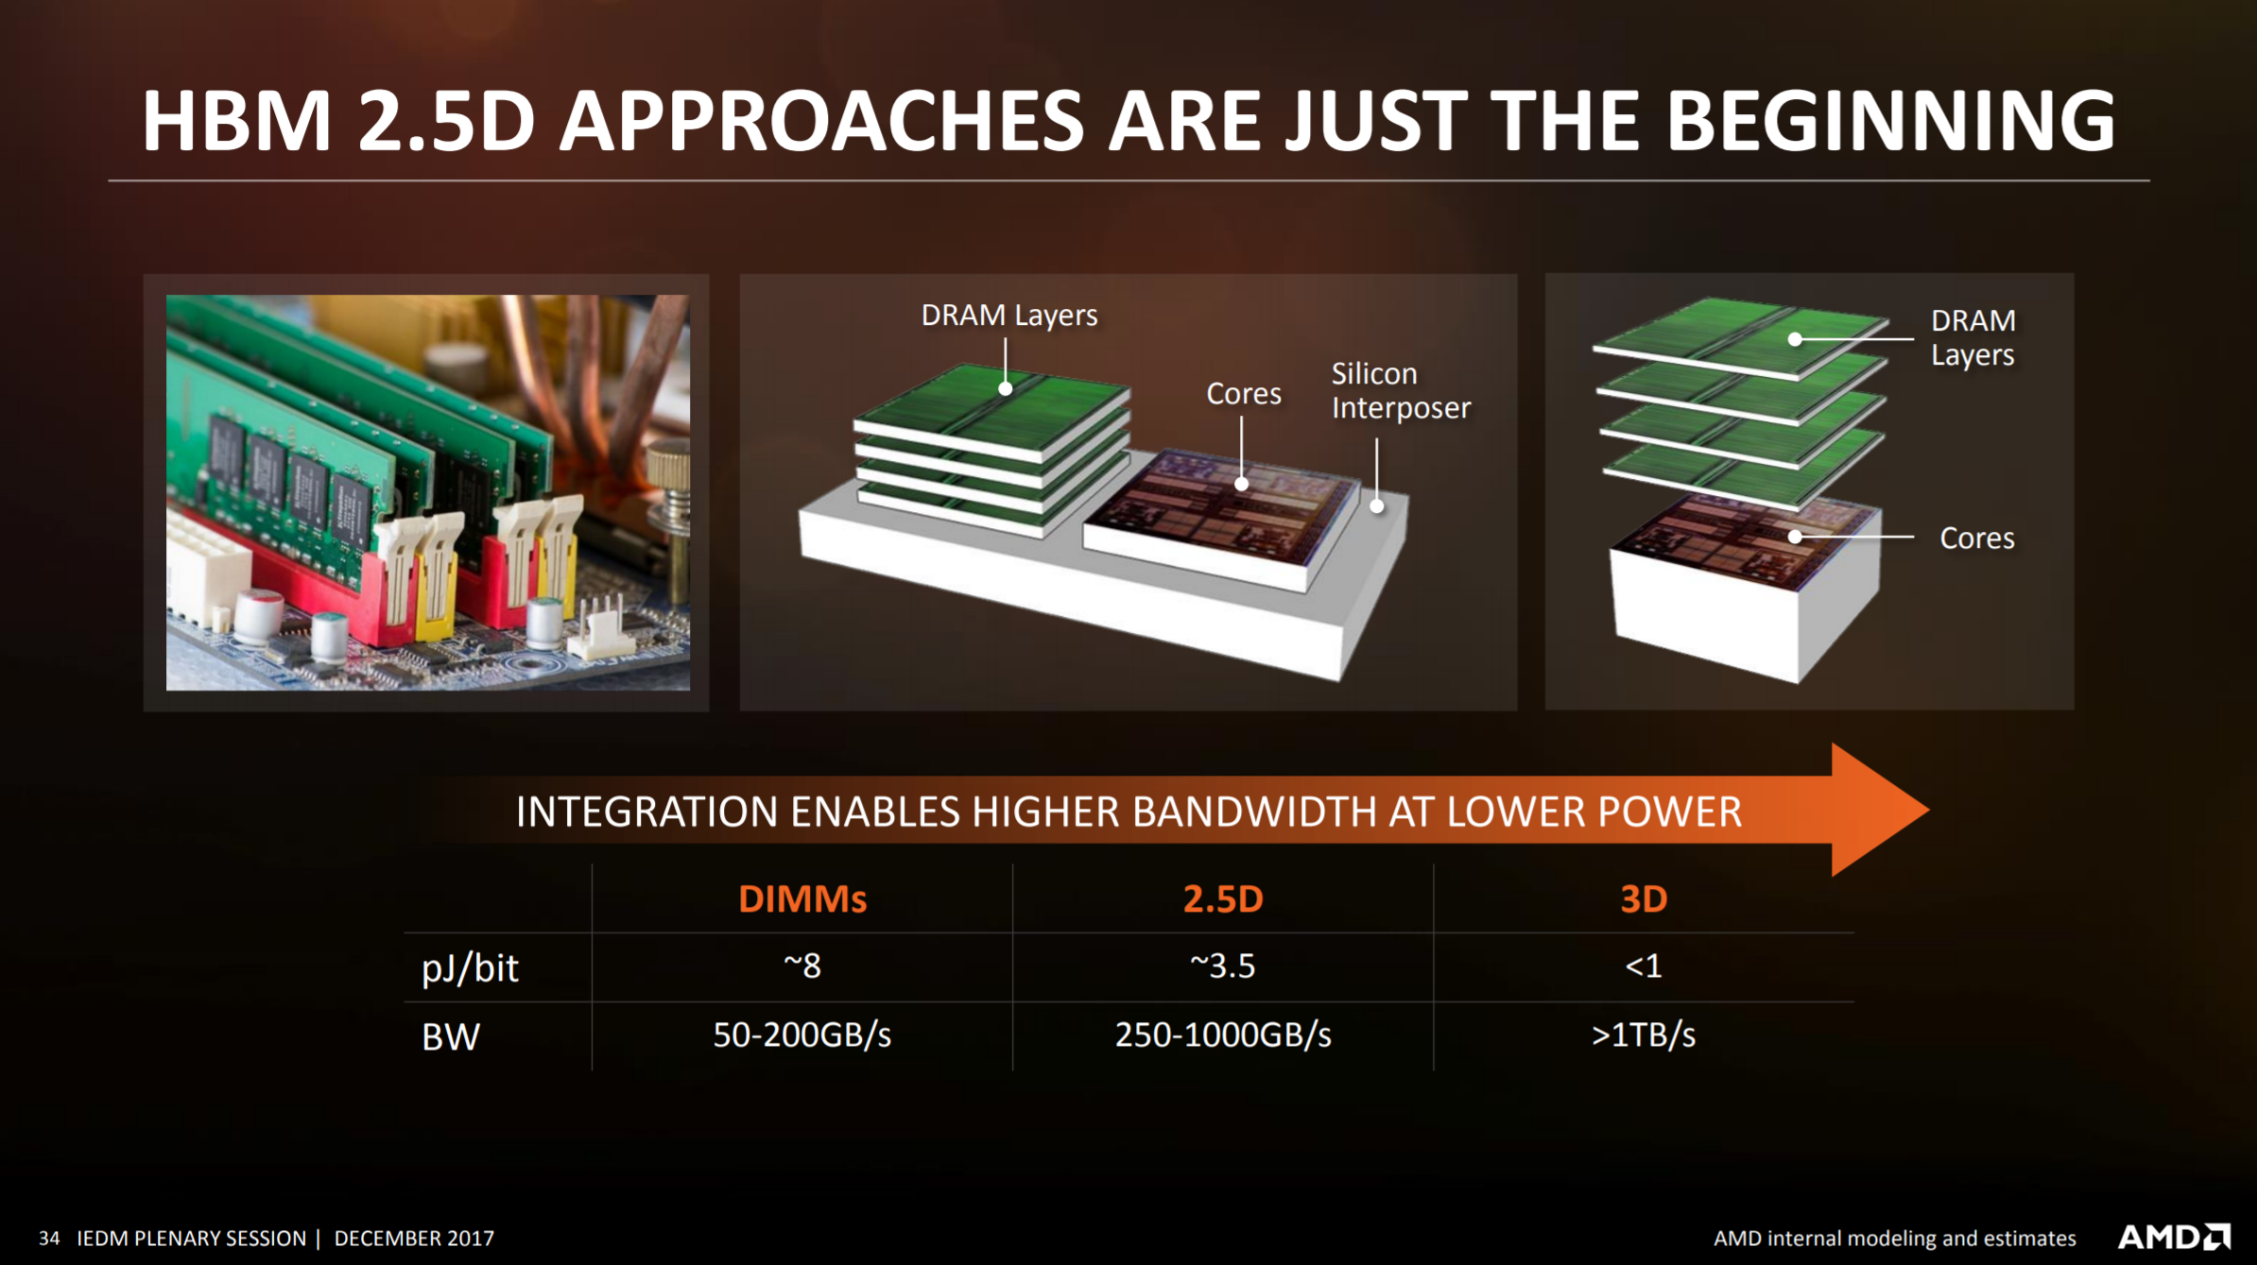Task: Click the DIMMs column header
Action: coord(802,898)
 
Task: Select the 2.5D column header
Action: coord(1223,898)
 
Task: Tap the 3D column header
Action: coord(1644,898)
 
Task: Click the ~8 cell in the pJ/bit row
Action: coord(802,966)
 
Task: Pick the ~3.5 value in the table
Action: coord(1223,966)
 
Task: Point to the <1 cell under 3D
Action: coord(1644,966)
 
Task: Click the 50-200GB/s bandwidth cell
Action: coord(802,1035)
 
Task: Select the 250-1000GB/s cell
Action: coord(1223,1035)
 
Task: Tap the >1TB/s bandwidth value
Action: coord(1644,1035)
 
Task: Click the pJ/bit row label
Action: coord(470,968)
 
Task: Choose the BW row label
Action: coord(451,1037)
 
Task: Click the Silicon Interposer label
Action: coord(1401,391)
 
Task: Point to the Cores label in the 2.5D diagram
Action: coord(1244,393)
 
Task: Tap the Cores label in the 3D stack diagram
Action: coord(1977,538)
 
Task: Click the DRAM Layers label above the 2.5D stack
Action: coord(1009,316)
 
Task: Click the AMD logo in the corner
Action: coord(2175,1237)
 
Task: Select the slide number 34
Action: coord(49,1239)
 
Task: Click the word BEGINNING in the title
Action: coord(1890,121)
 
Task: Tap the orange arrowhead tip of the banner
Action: coord(1928,810)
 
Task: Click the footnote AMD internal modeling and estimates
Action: coord(1895,1239)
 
